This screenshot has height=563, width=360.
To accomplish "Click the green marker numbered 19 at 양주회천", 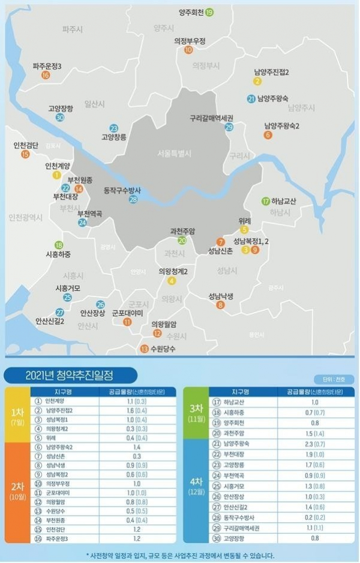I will pos(209,13).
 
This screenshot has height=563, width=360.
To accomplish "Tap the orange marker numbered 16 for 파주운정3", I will pos(46,75).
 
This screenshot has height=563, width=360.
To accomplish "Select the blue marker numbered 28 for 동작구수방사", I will pos(133,199).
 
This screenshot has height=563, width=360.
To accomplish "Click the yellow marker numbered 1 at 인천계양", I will pos(57,175).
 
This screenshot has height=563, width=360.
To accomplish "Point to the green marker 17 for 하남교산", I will pos(266,201).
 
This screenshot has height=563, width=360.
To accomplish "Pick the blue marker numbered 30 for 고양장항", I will pos(60,118).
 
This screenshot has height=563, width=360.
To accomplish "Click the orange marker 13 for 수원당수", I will pos(144,349).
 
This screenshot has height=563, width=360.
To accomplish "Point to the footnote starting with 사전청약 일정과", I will pos(180,555).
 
